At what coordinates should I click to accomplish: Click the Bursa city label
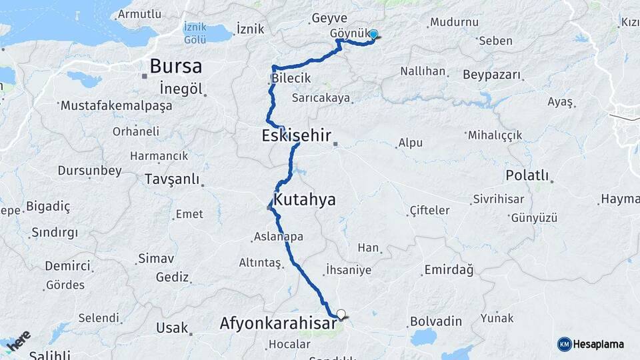click(176, 66)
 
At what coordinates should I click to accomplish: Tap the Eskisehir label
click(296, 137)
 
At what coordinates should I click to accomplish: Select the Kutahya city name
click(305, 199)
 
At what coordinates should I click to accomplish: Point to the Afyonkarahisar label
click(279, 323)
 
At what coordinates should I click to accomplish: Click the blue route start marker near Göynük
click(373, 35)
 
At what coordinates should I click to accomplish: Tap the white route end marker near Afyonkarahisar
click(341, 313)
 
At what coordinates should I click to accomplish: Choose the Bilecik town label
click(291, 79)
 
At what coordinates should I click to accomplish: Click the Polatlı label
click(527, 176)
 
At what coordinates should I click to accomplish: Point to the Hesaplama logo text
click(599, 344)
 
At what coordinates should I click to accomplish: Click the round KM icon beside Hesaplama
click(564, 344)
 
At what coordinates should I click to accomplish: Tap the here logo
click(18, 340)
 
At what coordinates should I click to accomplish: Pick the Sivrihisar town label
click(498, 199)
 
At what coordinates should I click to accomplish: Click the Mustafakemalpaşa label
click(116, 105)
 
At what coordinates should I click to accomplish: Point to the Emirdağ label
click(448, 270)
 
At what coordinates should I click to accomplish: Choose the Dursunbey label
click(89, 171)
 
